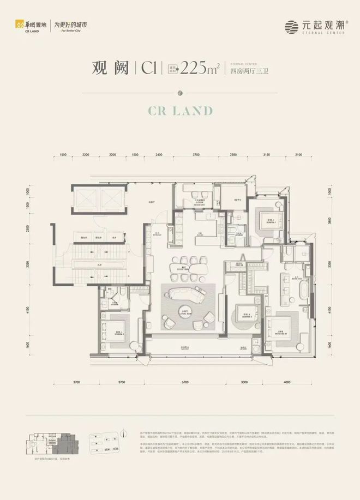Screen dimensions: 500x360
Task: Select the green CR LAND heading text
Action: pos(179,111)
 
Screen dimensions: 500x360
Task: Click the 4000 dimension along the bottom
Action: pos(287,382)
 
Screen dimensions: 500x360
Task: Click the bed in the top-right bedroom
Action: pos(269,220)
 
